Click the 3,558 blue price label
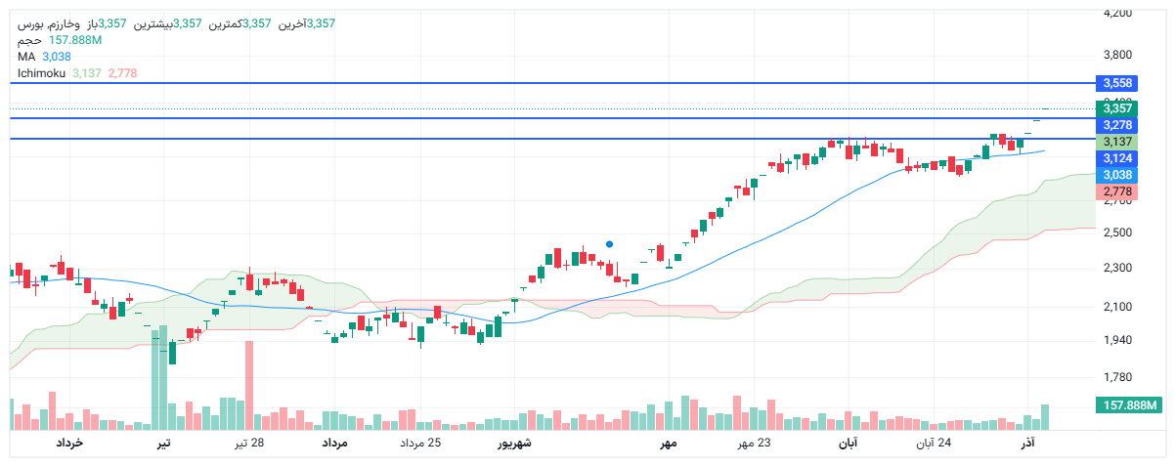(x=1116, y=83)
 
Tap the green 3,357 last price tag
(x=1116, y=108)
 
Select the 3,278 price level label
(x=1116, y=125)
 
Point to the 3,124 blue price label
(x=1116, y=158)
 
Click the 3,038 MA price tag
(x=1116, y=175)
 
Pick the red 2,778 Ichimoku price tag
(x=1116, y=191)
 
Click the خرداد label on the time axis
(x=68, y=444)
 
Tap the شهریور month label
(x=513, y=444)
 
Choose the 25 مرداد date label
(x=420, y=444)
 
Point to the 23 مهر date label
(x=753, y=444)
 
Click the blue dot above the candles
(x=610, y=244)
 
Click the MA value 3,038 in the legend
(x=57, y=57)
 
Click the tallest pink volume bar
(x=249, y=386)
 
